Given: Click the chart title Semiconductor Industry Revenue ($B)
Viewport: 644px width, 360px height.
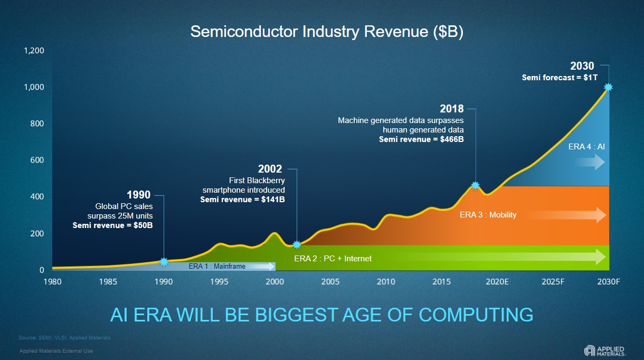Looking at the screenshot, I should [327, 32].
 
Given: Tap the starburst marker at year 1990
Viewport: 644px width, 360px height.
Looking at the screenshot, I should [164, 261].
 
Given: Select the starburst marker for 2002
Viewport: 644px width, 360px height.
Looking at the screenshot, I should [297, 244].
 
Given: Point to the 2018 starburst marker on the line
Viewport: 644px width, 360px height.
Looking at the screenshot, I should [475, 185].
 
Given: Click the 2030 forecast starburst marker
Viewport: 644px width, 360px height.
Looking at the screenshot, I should [608, 87].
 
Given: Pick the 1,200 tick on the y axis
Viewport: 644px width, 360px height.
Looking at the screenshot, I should [34, 51].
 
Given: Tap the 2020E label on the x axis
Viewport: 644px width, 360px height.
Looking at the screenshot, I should [497, 282].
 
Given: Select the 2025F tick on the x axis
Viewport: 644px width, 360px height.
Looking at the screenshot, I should [553, 282].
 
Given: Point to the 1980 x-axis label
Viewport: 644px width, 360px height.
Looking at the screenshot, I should [53, 282].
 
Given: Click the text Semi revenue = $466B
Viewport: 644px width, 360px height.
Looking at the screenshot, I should [421, 139].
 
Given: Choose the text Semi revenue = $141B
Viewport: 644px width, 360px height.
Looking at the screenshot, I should [242, 200].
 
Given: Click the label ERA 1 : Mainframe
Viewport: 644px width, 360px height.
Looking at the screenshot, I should [217, 267].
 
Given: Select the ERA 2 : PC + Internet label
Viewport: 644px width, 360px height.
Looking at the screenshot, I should [333, 258].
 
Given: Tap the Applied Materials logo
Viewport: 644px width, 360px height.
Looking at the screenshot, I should [604, 350].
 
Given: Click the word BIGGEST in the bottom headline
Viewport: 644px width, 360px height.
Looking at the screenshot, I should [296, 315].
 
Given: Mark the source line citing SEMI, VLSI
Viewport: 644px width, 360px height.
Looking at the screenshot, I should [64, 337].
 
